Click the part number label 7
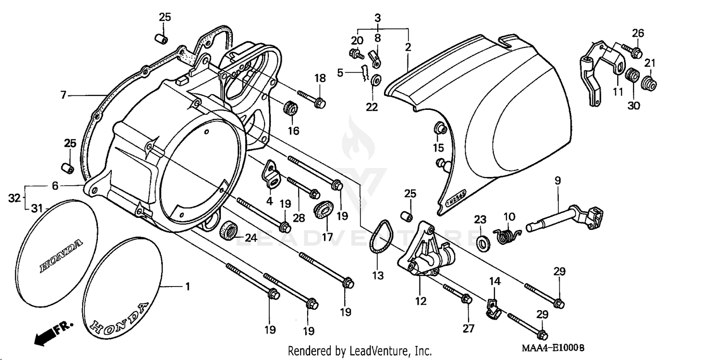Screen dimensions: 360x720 63,95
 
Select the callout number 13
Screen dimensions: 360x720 378,276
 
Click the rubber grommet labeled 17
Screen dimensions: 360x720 324,210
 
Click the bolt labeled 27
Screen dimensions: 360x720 456,294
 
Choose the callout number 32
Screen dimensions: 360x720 14,197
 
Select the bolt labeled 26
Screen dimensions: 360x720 630,49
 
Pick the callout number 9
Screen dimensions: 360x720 557,181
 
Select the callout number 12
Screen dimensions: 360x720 421,301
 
